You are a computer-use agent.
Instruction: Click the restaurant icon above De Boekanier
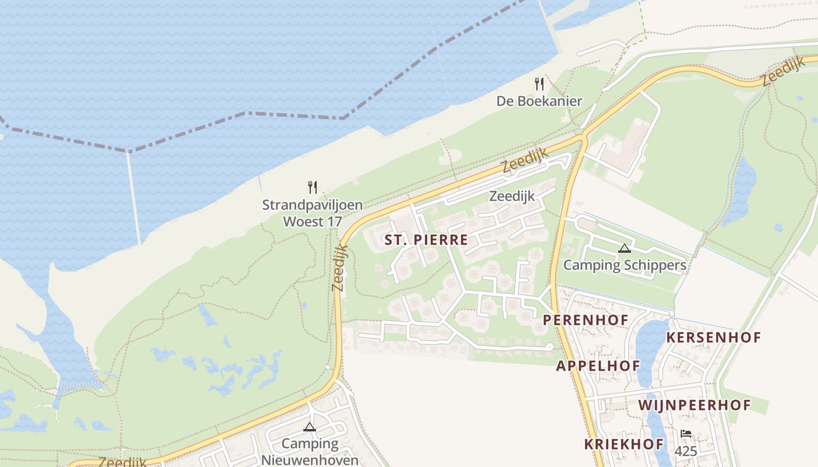point(539,85)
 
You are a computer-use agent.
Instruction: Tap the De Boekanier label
point(539,101)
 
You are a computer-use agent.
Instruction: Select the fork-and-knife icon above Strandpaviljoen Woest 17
point(313,187)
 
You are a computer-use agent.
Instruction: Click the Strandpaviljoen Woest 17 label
point(312,213)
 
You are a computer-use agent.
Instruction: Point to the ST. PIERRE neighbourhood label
point(426,239)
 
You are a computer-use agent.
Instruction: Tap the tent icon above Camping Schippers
point(625,248)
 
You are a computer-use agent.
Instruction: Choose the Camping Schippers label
point(624,265)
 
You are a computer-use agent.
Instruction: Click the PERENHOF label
point(585,320)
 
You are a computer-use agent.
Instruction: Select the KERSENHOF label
point(713,337)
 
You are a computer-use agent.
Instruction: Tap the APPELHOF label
point(598,366)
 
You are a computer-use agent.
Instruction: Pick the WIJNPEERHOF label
point(694,405)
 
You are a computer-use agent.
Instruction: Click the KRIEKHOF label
point(624,444)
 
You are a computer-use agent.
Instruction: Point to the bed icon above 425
point(686,434)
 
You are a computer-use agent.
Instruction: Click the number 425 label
point(686,451)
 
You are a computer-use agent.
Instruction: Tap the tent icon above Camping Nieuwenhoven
point(310,427)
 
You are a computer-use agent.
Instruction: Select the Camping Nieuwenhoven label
point(310,452)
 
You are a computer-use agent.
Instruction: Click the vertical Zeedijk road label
point(339,267)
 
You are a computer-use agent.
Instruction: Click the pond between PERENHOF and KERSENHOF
point(650,350)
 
